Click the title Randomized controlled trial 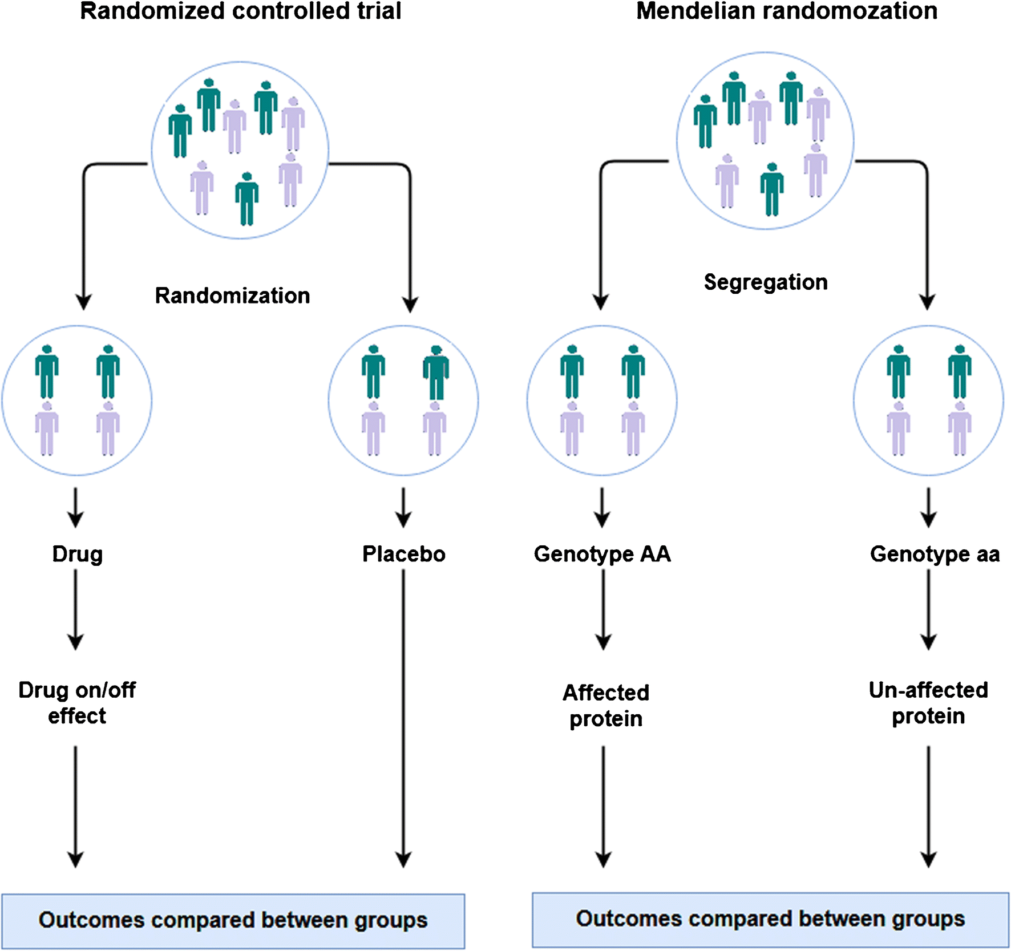click(240, 11)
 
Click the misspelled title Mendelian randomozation click(786, 11)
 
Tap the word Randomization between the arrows click(232, 296)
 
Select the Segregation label click(765, 282)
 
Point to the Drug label click(77, 554)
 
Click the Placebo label click(403, 554)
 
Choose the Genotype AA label click(602, 554)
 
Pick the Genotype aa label click(934, 554)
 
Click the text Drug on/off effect click(77, 702)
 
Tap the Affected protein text click(605, 705)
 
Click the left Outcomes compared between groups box click(233, 920)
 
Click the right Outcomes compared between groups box click(770, 919)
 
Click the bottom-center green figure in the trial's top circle click(246, 199)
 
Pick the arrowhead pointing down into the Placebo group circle click(410, 303)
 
